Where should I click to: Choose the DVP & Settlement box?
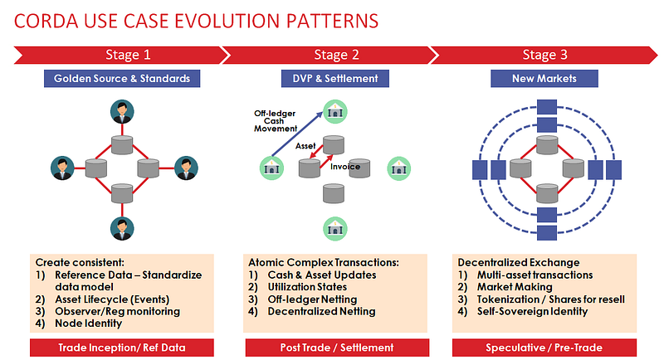tap(335, 80)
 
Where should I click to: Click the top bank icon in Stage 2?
tap(336, 113)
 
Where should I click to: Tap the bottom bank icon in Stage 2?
tap(336, 226)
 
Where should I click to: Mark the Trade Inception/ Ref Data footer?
tap(121, 347)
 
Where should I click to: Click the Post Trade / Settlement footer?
tap(334, 347)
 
